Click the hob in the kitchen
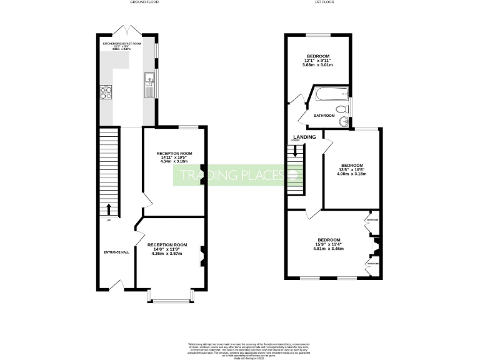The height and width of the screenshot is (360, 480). tap(105, 92)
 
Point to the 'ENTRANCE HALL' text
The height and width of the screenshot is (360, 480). tap(116, 252)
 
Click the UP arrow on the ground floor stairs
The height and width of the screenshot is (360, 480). tap(109, 208)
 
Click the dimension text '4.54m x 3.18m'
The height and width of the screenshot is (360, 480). tap(174, 161)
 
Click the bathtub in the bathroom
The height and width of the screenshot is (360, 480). tap(328, 95)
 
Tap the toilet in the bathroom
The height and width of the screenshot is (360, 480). tap(348, 110)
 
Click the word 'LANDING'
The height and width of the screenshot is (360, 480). tap(304, 137)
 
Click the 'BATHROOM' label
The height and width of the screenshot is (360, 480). tap(324, 116)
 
